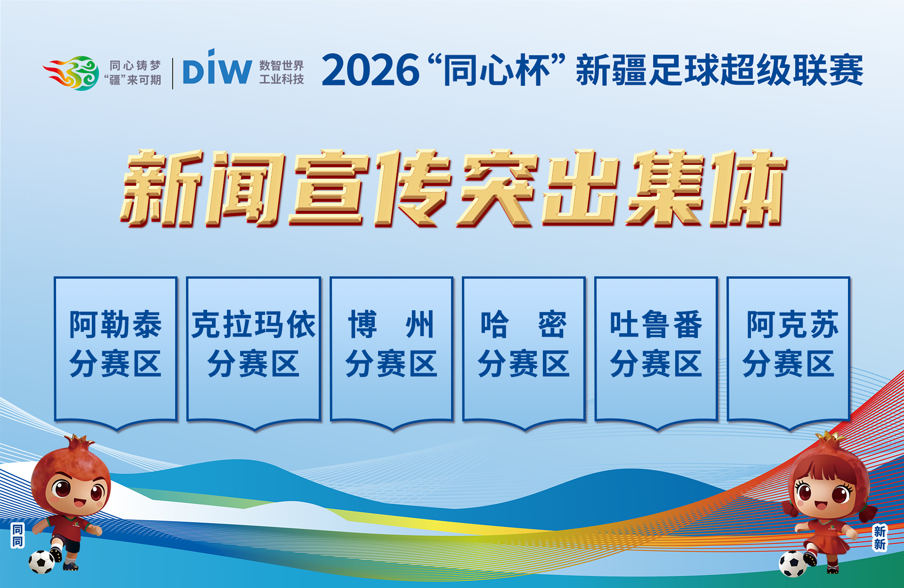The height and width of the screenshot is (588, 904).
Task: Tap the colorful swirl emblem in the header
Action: [71, 73]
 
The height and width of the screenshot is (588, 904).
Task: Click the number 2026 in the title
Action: [371, 70]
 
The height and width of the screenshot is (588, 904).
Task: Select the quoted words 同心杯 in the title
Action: [497, 70]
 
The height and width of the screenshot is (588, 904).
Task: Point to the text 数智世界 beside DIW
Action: [282, 65]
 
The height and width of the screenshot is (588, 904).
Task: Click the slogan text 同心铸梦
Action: [135, 65]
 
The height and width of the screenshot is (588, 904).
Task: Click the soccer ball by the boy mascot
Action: [41, 562]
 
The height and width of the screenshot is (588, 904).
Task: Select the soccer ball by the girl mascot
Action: [793, 564]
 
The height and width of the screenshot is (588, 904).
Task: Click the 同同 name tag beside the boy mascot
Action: [17, 536]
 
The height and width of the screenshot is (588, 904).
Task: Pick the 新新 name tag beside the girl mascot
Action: [880, 538]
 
